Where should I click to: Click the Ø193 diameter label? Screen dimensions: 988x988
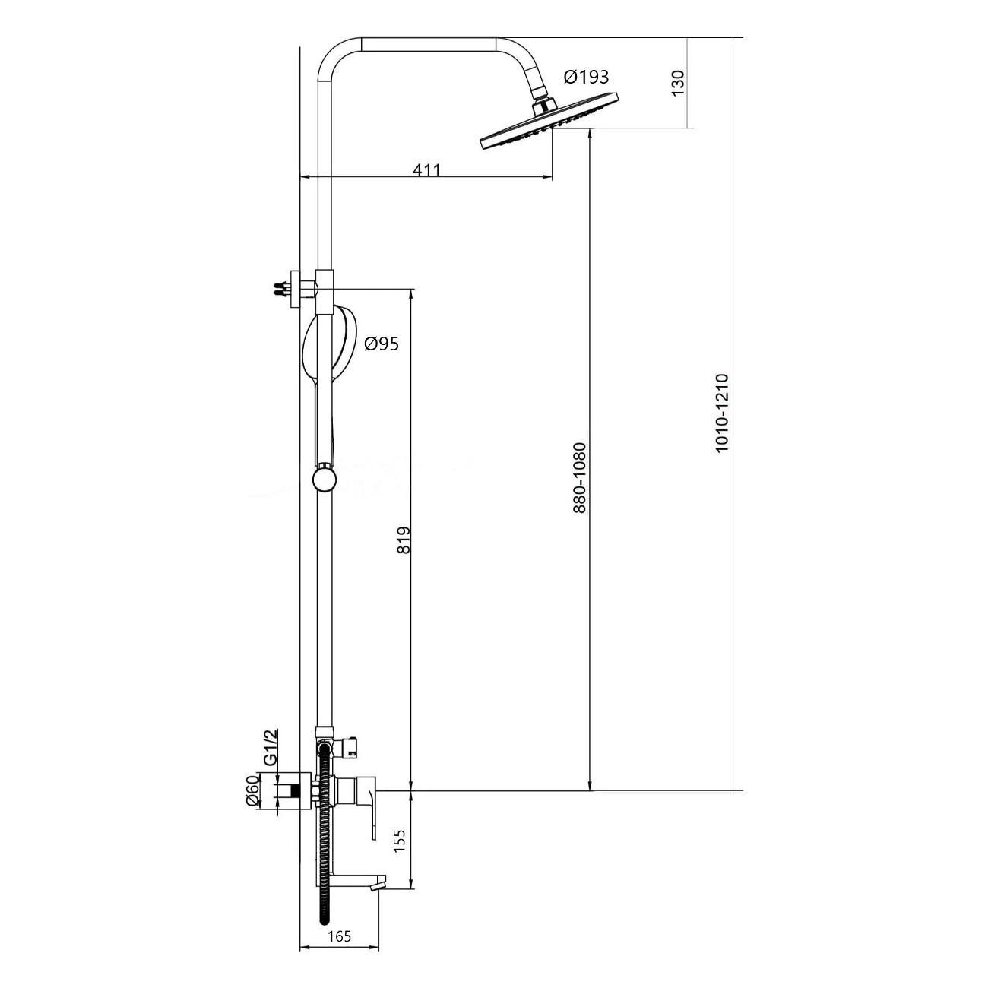coord(586,77)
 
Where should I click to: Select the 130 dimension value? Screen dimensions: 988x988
coord(677,83)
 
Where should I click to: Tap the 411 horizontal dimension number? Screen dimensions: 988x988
coord(426,169)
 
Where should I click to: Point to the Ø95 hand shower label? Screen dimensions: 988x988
coord(381,344)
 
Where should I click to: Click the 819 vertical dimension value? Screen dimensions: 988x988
coord(404,540)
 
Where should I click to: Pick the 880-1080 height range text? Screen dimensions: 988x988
coord(579,477)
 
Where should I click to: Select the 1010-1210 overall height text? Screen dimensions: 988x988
coord(722,413)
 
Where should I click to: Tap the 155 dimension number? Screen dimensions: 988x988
coord(401,840)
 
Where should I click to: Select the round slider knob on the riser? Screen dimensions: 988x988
coord(324,479)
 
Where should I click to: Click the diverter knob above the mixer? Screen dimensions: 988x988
coord(350,752)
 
